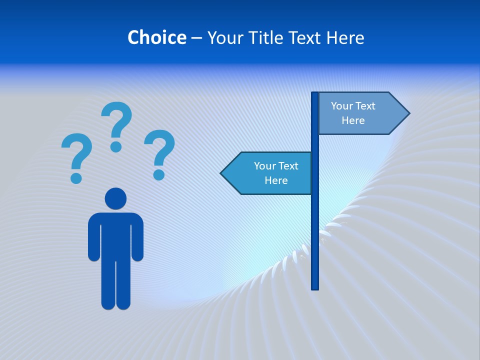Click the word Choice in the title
coord(156,37)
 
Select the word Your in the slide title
coord(225,37)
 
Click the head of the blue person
coord(115,198)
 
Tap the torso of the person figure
coord(115,235)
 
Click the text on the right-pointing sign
coord(353,113)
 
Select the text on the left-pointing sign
coord(275,173)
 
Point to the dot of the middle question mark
coord(116,146)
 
